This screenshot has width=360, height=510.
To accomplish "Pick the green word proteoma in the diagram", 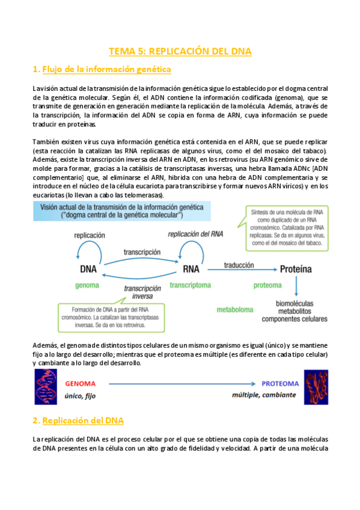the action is click(267, 285).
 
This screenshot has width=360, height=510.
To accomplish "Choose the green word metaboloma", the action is click(238, 310).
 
